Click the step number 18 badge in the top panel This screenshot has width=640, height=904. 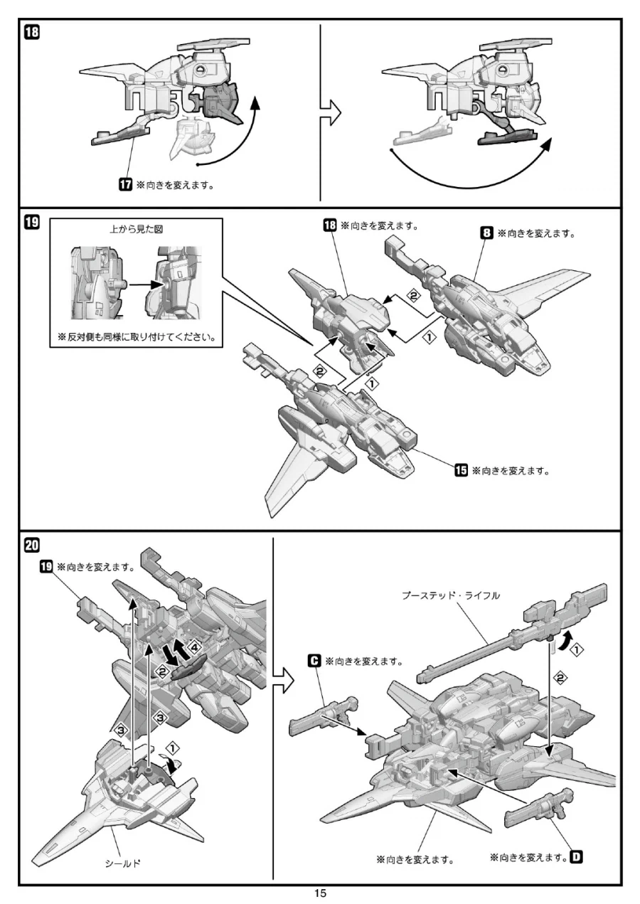32,32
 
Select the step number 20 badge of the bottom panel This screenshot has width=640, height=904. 32,546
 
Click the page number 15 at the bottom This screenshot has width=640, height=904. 321,893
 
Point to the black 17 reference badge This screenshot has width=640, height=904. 125,185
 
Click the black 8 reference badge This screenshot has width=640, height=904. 487,233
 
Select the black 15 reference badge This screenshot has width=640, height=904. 462,470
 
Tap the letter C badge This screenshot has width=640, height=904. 314,661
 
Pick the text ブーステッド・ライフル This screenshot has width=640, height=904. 451,595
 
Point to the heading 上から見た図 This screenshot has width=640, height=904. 137,229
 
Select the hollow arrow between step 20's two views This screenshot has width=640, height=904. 283,680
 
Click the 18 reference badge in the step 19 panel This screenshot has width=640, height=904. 330,225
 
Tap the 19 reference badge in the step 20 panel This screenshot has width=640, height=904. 46,567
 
